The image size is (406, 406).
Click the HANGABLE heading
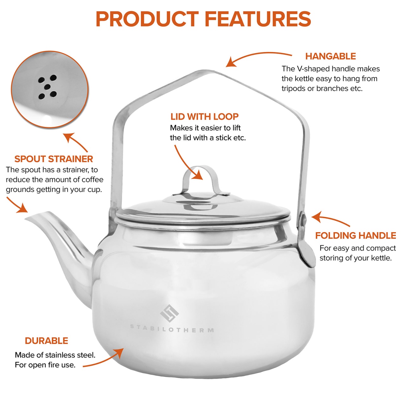pyautogui.click(x=331, y=56)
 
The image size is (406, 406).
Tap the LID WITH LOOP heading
pyautogui.click(x=204, y=117)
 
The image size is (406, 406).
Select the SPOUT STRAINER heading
pyautogui.click(x=54, y=159)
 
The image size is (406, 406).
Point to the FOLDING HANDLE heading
pyautogui.click(x=356, y=236)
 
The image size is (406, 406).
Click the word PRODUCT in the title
pyautogui.click(x=147, y=19)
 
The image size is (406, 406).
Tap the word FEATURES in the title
pyautogui.click(x=258, y=19)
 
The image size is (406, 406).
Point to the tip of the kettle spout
pyautogui.click(x=26, y=219)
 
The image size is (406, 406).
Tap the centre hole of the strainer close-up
pyautogui.click(x=48, y=87)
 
